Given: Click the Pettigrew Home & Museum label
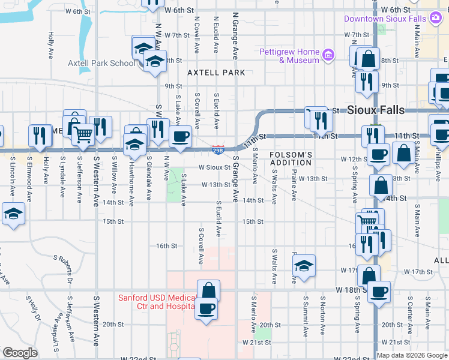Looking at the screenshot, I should tap(289, 56).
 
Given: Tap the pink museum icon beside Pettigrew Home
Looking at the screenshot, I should tap(328, 56).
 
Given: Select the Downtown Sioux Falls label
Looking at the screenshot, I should tap(385, 19).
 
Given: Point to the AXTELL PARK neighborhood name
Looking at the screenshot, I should tap(216, 73).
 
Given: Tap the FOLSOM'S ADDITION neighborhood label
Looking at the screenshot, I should tap(291, 158).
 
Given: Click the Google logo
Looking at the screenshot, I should tap(20, 353).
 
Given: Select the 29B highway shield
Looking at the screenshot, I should tap(219, 148).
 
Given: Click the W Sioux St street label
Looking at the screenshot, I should tap(214, 167).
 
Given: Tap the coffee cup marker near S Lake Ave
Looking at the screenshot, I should tap(181, 136).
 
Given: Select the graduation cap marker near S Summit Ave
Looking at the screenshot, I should tap(304, 265).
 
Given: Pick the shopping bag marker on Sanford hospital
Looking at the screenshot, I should tap(208, 290).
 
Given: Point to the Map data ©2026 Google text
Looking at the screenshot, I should tap(412, 355).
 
